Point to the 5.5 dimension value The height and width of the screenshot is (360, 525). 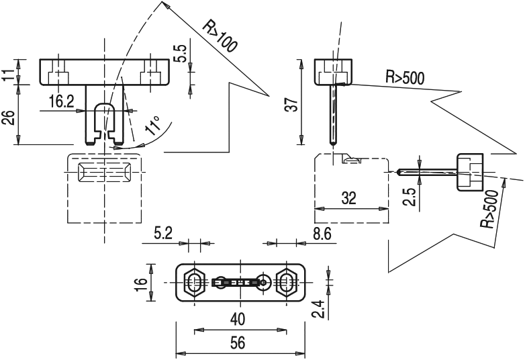click(x=180, y=54)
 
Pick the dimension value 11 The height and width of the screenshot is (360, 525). click(x=9, y=72)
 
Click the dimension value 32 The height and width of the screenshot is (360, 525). click(x=349, y=198)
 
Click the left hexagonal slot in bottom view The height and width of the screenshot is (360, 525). click(x=195, y=283)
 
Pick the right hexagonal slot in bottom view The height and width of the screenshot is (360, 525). click(x=287, y=283)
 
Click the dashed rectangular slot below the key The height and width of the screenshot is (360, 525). click(x=105, y=172)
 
